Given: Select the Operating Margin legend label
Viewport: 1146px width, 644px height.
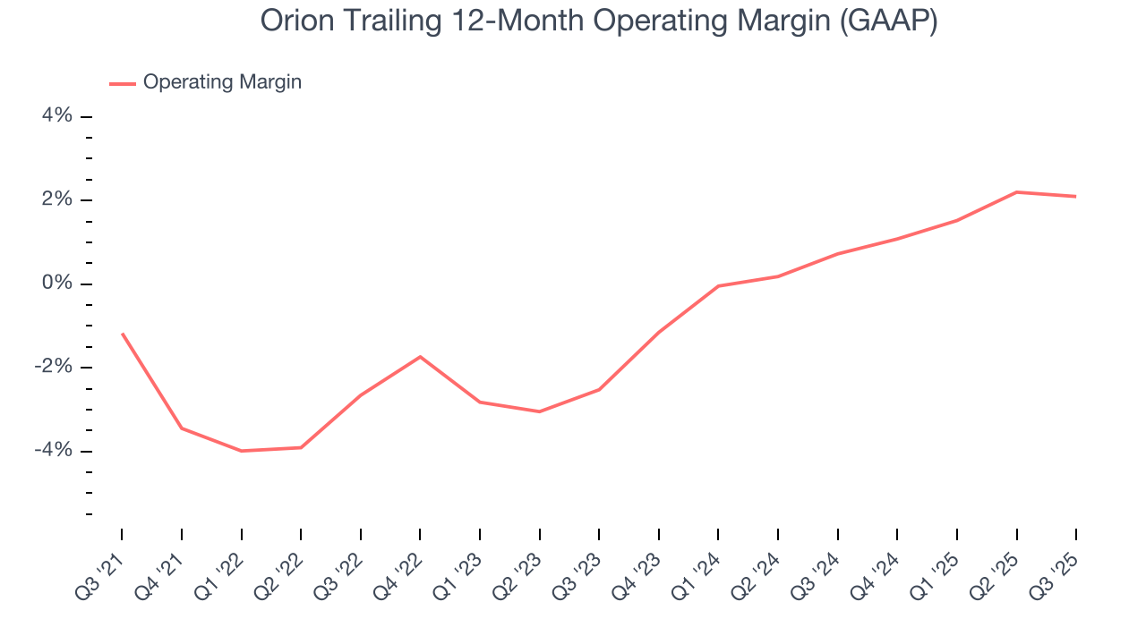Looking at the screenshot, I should click(x=222, y=82).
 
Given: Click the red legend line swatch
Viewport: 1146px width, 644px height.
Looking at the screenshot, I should click(x=123, y=83).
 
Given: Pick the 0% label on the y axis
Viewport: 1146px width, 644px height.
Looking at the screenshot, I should click(x=56, y=284).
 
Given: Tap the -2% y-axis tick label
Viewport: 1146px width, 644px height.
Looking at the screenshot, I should click(x=52, y=367).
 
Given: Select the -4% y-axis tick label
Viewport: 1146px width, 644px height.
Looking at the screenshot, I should click(x=52, y=450).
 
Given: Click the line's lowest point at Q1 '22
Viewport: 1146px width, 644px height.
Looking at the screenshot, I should click(x=241, y=451).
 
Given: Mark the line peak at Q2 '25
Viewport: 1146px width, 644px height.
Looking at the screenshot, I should click(x=1016, y=191).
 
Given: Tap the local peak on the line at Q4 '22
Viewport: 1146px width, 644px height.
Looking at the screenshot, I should click(x=420, y=357).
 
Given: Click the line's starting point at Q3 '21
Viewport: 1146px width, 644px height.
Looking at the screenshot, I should click(x=122, y=334).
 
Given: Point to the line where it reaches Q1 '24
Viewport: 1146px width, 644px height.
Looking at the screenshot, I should click(x=718, y=286).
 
